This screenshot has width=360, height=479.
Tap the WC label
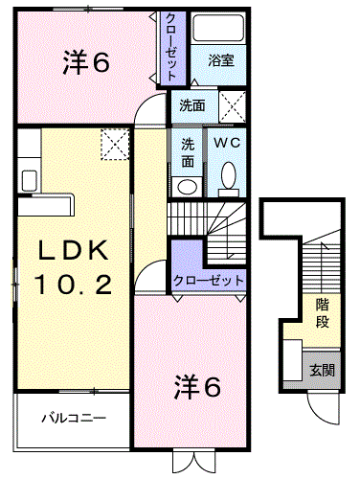pos(227,143)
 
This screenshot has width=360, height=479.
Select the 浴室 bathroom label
pos(221,60)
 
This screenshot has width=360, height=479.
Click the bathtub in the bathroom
pos(218,29)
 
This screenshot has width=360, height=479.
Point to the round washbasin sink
pos(188,187)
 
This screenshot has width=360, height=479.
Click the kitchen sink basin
pos(30,180)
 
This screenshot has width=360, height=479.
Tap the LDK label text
pos(73,251)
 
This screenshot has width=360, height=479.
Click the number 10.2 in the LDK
pos(73,285)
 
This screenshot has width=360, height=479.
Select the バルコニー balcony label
pos(74,418)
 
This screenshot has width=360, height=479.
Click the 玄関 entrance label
pos(322,371)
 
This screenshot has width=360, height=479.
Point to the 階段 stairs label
pos(322,313)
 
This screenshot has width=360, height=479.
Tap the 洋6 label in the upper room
pos(86,62)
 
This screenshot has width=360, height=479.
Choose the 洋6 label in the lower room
pos(197,387)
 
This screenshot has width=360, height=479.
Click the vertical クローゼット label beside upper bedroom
pos(171,47)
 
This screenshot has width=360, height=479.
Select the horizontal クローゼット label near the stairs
pos(208,281)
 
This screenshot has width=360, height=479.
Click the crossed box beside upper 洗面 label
pos(233,106)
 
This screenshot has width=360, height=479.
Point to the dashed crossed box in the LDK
pos(115,144)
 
